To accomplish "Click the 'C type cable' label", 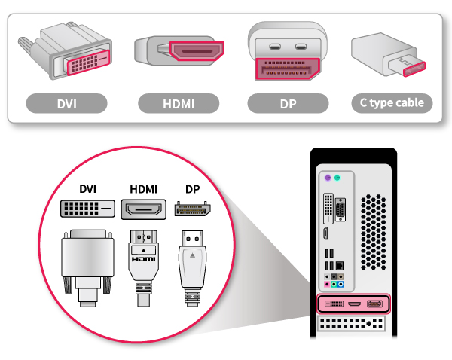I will pos(392,103).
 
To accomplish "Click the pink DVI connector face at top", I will pos(84,63).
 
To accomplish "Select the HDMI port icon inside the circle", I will pos(143,209).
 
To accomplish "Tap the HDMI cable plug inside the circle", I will pos(143,260).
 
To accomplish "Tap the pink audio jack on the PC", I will pos(327,285).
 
